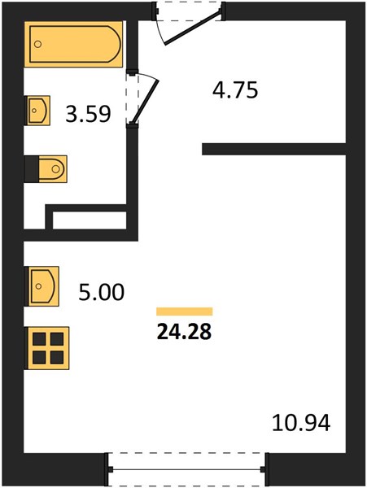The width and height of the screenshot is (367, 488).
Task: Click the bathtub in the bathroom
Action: tap(73, 44)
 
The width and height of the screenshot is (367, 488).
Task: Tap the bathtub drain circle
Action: tap(37, 44)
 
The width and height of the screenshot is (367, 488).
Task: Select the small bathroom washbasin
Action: tap(37, 110)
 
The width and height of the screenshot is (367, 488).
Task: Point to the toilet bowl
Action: tap(53, 169)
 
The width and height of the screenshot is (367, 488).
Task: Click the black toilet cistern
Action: tap(32, 169)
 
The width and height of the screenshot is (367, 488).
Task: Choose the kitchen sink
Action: tap(42, 286)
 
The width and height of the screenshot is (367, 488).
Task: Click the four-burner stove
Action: tap(46, 348)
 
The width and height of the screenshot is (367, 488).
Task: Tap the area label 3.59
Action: tap(88, 114)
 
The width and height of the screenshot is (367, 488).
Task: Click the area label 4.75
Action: tap(235, 90)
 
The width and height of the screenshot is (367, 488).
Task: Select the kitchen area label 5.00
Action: tap(101, 292)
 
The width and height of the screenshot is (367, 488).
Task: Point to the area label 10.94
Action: tap(301, 423)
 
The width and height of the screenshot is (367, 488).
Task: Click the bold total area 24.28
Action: tap(184, 332)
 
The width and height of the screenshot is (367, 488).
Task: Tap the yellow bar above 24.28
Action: tap(184, 312)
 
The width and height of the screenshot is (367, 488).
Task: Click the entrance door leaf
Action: tap(193, 27)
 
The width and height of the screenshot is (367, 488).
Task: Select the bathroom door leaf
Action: tap(145, 102)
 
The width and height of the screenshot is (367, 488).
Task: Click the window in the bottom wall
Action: tap(186, 469)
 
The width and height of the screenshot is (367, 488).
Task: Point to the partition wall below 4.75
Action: tap(274, 149)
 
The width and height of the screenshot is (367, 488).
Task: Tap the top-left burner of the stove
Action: tap(39, 339)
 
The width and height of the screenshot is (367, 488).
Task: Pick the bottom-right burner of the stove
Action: tap(57, 357)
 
